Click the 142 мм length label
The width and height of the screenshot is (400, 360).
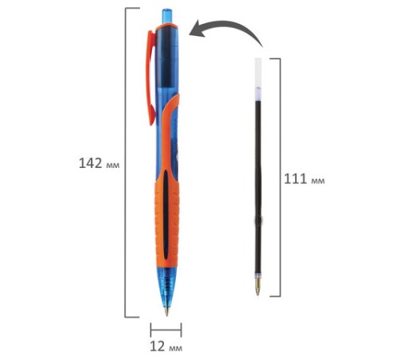click(x=99, y=163)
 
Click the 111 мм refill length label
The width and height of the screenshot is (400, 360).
click(x=304, y=179)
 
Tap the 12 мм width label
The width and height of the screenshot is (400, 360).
click(x=166, y=346)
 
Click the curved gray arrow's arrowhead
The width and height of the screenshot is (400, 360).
click(x=198, y=29)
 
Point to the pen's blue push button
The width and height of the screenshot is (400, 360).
click(x=167, y=17)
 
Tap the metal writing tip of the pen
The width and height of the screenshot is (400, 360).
click(x=166, y=311)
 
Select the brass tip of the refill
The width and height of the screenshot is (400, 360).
click(x=258, y=286)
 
